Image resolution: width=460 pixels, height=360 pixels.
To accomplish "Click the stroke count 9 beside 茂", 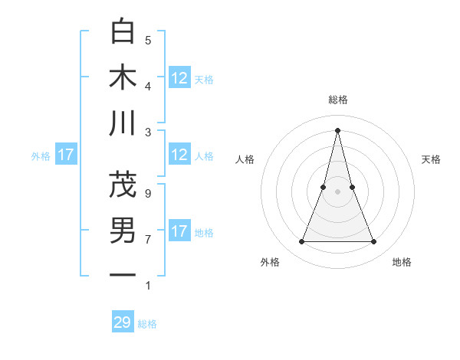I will click(x=147, y=193).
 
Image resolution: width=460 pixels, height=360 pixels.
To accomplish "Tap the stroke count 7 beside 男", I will click(x=147, y=239).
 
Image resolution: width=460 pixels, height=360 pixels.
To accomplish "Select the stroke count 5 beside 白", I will click(x=147, y=40).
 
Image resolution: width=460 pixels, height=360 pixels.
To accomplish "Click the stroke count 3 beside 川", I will click(x=147, y=132).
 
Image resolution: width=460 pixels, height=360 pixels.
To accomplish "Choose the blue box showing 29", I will click(x=123, y=322).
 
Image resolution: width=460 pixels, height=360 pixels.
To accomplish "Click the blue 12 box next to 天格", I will click(x=179, y=77).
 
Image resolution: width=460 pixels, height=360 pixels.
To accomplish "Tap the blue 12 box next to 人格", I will click(x=179, y=155).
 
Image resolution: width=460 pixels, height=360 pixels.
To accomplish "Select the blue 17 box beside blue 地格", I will click(x=179, y=231).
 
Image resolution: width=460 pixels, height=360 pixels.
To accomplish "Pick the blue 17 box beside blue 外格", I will click(x=66, y=155).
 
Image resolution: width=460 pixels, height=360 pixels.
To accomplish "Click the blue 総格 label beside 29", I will click(x=147, y=324).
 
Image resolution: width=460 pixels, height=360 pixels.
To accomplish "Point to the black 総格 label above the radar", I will click(x=337, y=100).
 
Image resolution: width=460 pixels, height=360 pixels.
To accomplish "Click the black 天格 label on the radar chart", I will click(x=431, y=159).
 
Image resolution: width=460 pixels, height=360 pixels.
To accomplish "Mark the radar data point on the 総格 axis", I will click(x=337, y=129).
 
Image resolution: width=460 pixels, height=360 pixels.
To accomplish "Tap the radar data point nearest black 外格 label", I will click(x=301, y=242).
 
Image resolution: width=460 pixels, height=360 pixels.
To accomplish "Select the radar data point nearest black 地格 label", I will click(x=374, y=242).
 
